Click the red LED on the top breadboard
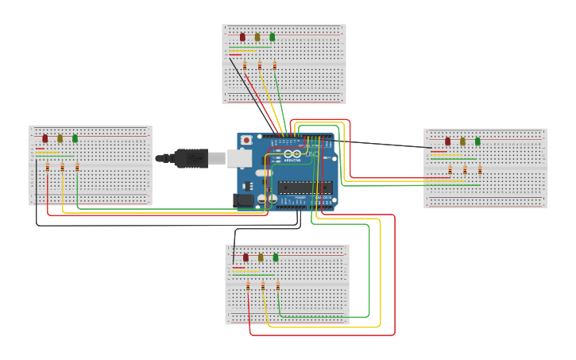[x=242, y=37]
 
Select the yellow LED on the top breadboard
[x=257, y=37]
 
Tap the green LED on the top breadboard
[x=273, y=37]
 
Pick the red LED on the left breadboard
[x=45, y=138]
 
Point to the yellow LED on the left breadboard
[x=60, y=138]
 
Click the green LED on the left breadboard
[x=75, y=138]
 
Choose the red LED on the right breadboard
[x=447, y=141]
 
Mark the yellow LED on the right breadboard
[x=462, y=141]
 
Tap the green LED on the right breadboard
[x=477, y=141]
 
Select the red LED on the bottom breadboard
[x=245, y=257]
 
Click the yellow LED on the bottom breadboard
[x=261, y=257]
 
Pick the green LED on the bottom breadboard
[x=276, y=257]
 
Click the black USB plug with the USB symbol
[x=191, y=158]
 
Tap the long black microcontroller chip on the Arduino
[x=305, y=188]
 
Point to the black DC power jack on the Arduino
[x=244, y=201]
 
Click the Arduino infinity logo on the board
[x=292, y=153]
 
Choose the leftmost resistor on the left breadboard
[x=48, y=167]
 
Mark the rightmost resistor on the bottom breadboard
[x=278, y=286]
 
